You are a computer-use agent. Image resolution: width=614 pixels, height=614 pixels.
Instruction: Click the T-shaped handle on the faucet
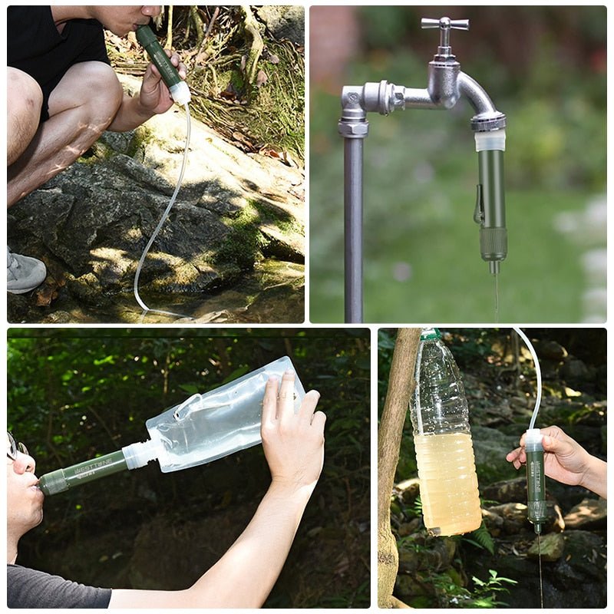[445, 24]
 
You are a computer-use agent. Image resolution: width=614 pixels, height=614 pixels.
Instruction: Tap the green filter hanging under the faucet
[491, 192]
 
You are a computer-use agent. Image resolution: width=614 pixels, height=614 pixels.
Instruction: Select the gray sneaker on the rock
[25, 272]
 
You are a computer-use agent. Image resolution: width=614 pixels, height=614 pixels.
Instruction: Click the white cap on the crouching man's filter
[180, 93]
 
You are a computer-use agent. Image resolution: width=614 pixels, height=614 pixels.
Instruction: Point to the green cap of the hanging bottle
[431, 335]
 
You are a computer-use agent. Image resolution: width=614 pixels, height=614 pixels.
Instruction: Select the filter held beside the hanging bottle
[535, 480]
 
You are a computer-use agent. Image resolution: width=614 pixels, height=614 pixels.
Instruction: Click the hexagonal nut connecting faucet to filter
[488, 121]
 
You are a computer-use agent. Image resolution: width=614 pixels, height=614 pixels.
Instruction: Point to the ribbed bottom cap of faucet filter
[494, 245]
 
